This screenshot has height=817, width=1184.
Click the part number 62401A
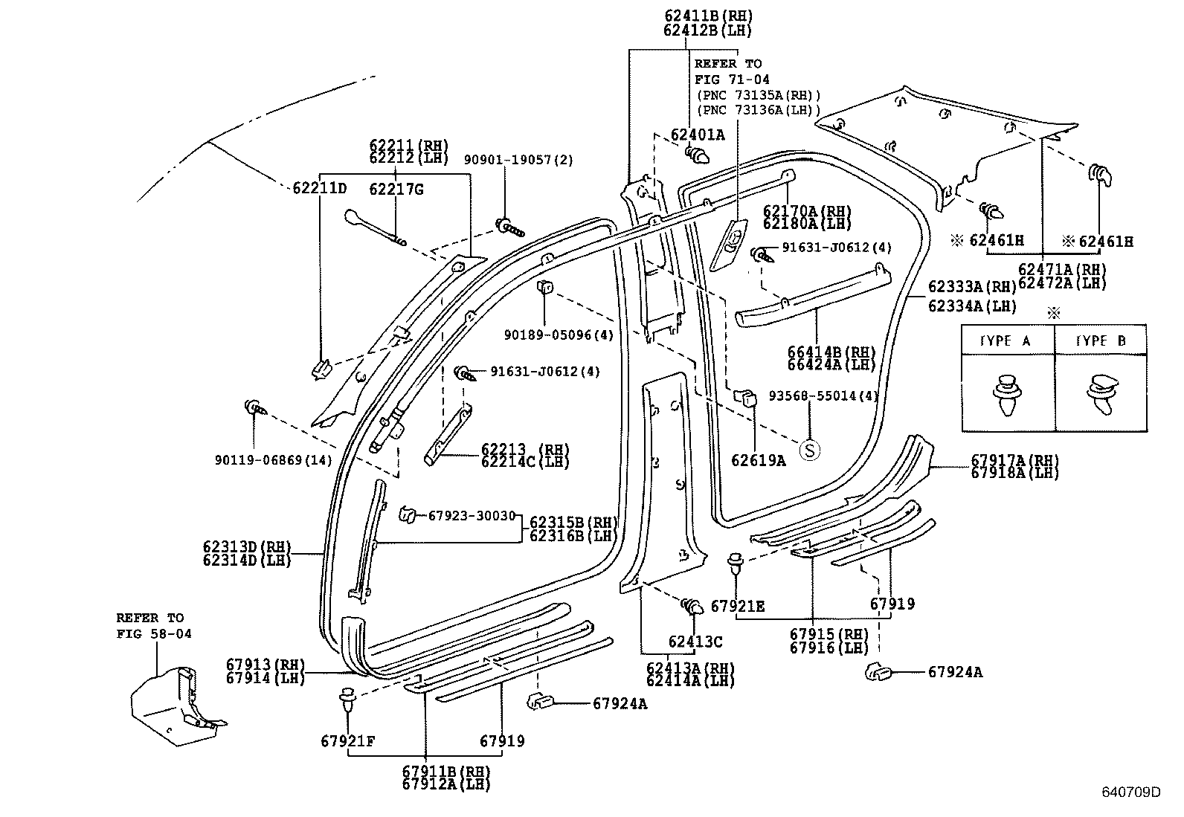[697, 135]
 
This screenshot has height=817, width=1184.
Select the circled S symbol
[809, 449]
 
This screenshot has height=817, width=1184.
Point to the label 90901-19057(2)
[518, 160]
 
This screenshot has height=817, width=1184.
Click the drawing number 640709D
[1130, 791]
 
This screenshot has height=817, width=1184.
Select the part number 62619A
[758, 460]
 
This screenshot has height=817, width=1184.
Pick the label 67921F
[347, 741]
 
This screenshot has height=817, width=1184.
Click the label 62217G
[396, 190]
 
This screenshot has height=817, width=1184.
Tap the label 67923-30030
[472, 515]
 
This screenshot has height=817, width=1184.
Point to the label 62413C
[695, 642]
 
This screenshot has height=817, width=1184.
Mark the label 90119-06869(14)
[273, 460]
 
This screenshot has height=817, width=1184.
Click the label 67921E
[737, 606]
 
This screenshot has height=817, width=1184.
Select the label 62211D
[319, 188]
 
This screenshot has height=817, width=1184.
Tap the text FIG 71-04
[732, 80]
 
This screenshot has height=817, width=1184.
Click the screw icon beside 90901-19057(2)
[509, 227]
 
